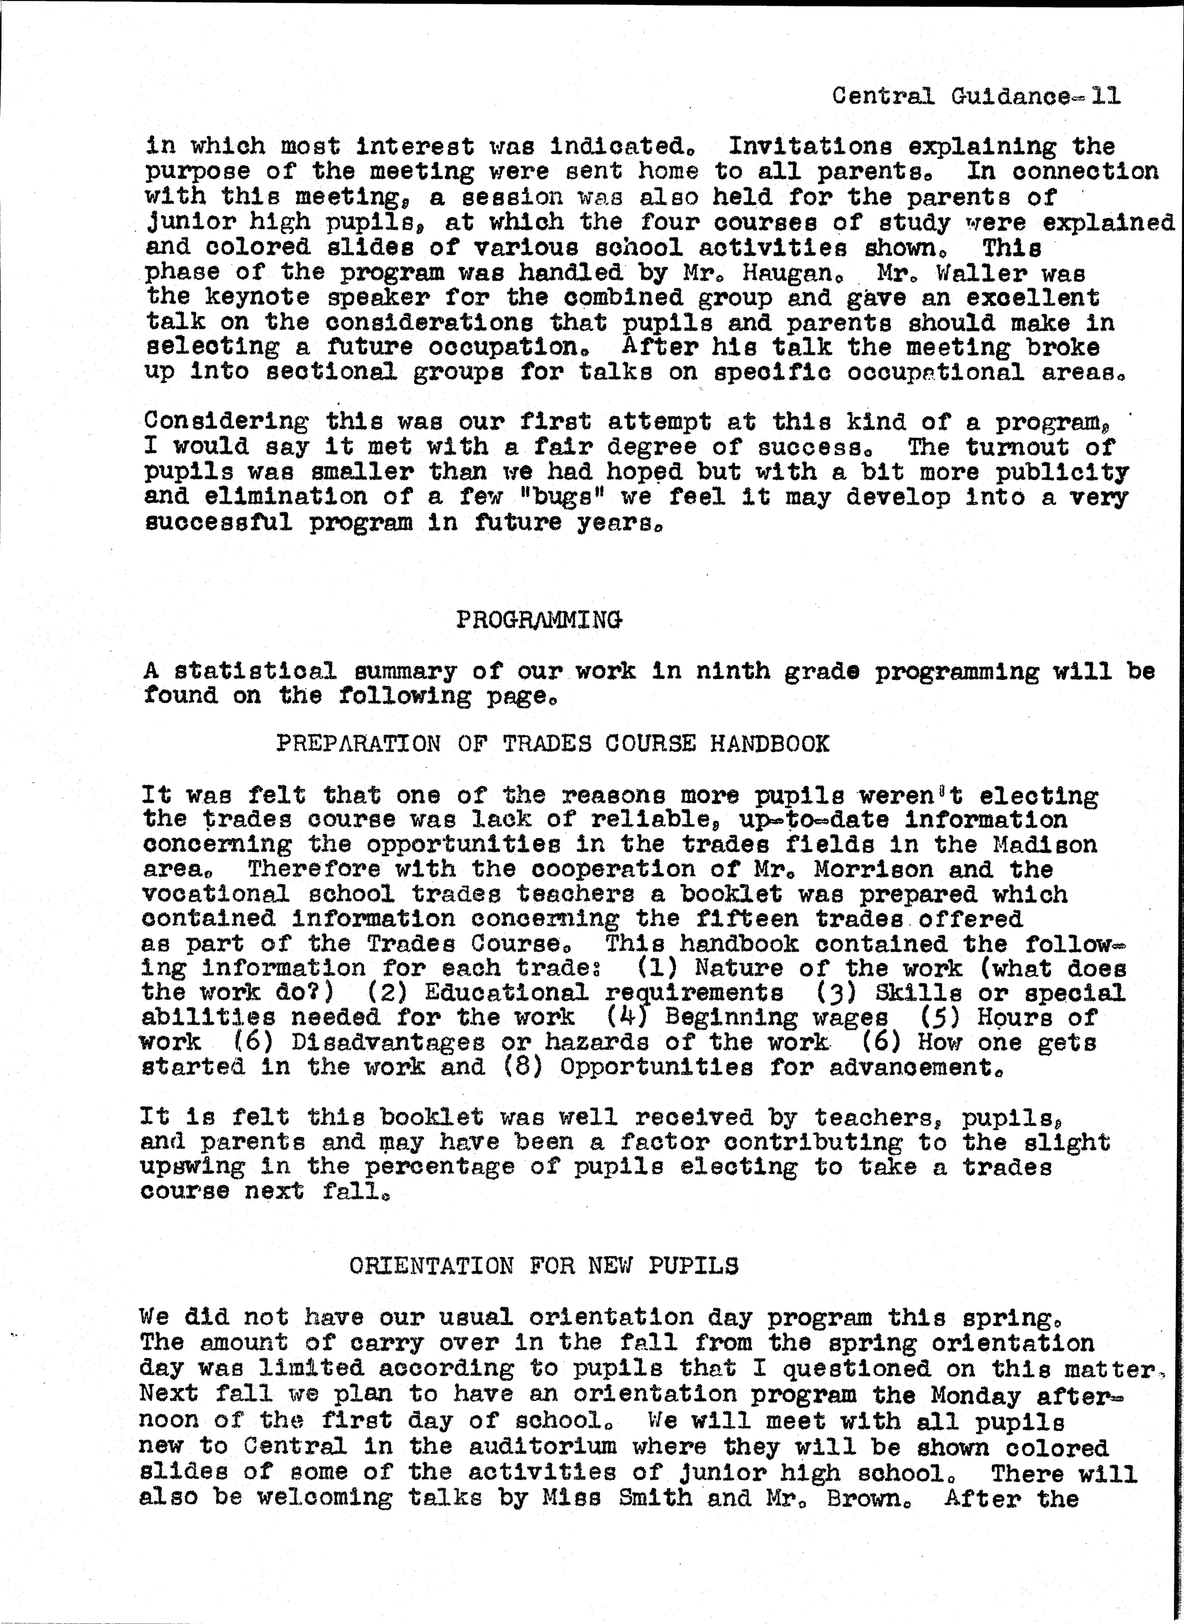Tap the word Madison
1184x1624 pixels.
[1044, 844]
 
